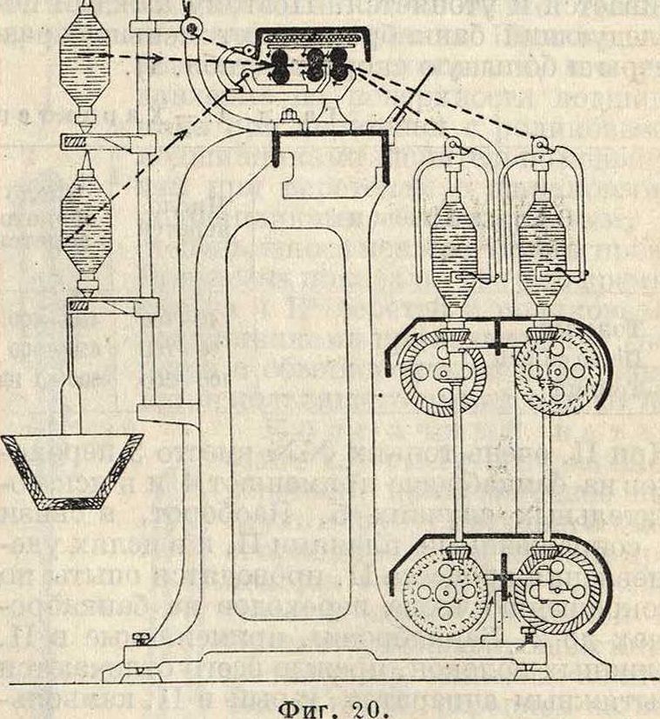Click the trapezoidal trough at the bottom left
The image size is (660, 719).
point(71,469)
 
